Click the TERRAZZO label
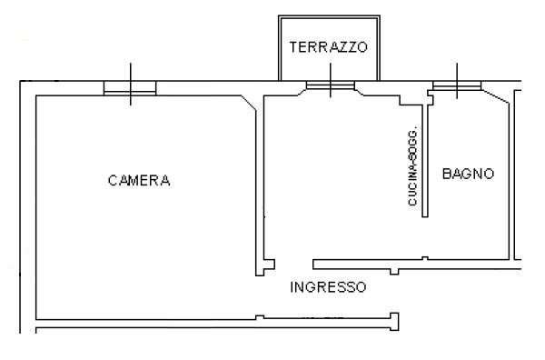click(x=328, y=48)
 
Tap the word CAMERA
click(x=139, y=180)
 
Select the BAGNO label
click(x=468, y=174)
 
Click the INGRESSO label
click(x=328, y=287)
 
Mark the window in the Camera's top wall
click(x=130, y=87)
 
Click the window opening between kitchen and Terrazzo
click(x=330, y=86)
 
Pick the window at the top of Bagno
click(x=457, y=86)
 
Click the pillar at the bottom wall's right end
click(x=393, y=320)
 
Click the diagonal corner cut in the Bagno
click(x=495, y=96)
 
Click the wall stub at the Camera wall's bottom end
click(x=264, y=268)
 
